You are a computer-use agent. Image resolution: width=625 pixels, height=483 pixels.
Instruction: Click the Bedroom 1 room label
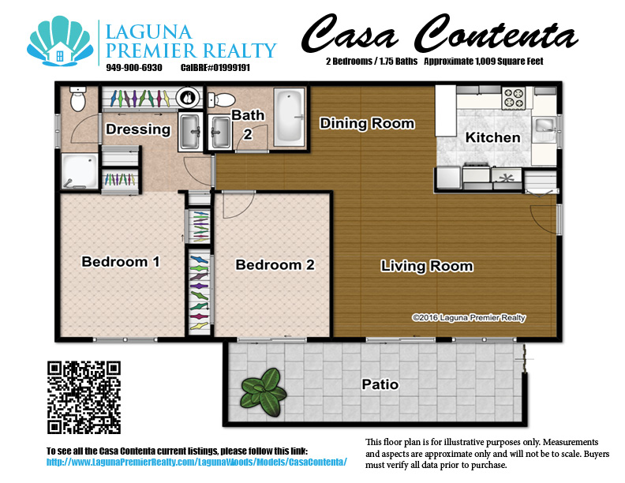pyautogui.click(x=121, y=261)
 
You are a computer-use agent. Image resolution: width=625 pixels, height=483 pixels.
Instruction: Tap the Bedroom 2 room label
pyautogui.click(x=275, y=264)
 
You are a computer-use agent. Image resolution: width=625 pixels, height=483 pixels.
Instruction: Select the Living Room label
pyautogui.click(x=427, y=266)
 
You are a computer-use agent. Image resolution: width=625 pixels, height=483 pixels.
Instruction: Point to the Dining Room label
pyautogui.click(x=366, y=123)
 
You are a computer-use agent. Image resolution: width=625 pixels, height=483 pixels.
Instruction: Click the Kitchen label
pyautogui.click(x=492, y=137)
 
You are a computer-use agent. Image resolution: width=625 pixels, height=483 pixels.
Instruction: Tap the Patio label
pyautogui.click(x=380, y=385)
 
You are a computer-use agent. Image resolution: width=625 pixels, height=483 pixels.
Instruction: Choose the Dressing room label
pyautogui.click(x=138, y=129)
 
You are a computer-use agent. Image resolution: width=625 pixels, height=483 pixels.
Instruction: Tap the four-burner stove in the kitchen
pyautogui.click(x=514, y=98)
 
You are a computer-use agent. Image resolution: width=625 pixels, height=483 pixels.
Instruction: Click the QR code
pyautogui.click(x=84, y=397)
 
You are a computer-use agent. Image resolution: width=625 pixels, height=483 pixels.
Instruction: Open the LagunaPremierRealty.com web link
pyautogui.click(x=197, y=461)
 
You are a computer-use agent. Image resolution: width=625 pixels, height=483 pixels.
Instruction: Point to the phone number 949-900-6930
pyautogui.click(x=133, y=68)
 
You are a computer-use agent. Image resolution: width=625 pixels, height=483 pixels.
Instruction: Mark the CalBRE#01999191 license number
pyautogui.click(x=215, y=68)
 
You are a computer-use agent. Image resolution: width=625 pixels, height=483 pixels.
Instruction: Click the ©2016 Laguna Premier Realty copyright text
pyautogui.click(x=469, y=318)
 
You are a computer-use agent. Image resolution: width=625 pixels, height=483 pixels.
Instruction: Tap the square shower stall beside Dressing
pyautogui.click(x=80, y=170)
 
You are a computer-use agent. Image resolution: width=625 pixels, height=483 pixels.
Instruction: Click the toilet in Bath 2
pyautogui.click(x=223, y=100)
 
